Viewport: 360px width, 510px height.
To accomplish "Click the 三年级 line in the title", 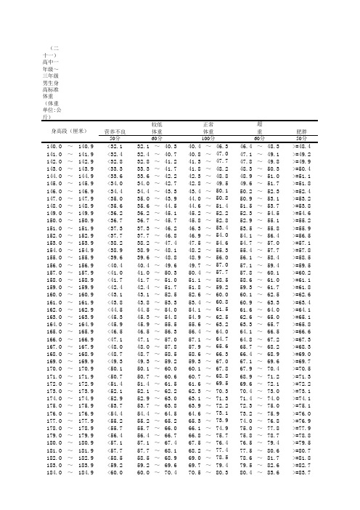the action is point(51,76).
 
